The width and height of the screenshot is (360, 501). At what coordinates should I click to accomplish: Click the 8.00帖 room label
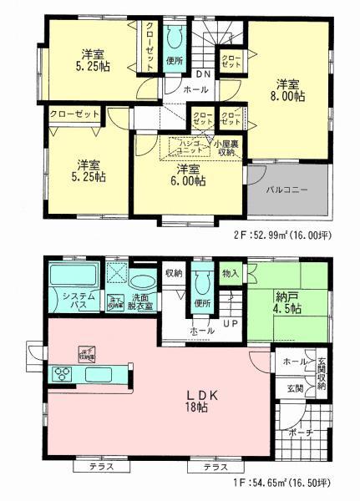click(x=288, y=90)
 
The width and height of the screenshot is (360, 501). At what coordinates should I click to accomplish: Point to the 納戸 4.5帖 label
click(x=286, y=300)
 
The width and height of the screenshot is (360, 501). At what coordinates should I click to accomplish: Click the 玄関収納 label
click(x=321, y=376)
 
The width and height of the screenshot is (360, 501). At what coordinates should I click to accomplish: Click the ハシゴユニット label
click(x=185, y=146)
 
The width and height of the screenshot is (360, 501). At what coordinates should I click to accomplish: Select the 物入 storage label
click(x=231, y=273)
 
